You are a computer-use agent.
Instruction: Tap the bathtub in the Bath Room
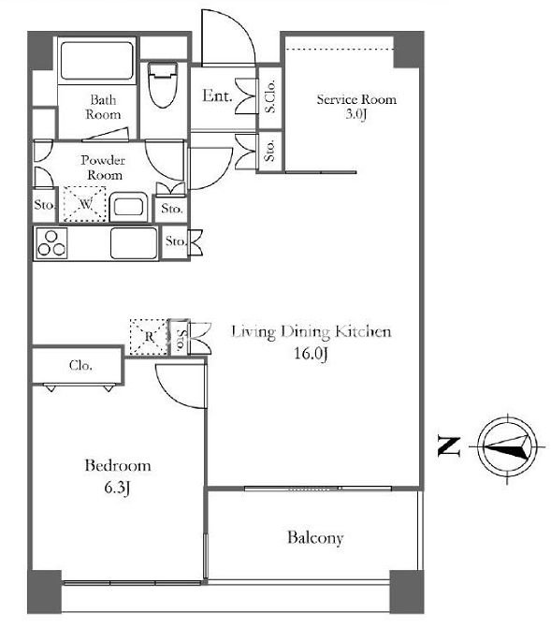(96, 61)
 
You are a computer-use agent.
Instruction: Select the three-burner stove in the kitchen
(51, 243)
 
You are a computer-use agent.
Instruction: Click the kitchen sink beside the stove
(134, 243)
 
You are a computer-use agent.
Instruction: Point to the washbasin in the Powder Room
(128, 207)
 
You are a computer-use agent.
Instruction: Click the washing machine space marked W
(85, 204)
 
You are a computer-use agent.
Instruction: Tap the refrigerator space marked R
(149, 336)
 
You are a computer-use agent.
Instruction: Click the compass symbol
(507, 446)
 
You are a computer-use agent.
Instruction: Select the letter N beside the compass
(449, 446)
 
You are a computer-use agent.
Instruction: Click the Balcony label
(315, 537)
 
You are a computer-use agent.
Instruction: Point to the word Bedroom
(118, 465)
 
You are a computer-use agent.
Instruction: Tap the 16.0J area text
(312, 353)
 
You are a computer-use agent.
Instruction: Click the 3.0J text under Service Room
(356, 114)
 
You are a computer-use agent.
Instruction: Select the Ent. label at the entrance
(217, 95)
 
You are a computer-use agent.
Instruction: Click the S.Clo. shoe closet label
(270, 96)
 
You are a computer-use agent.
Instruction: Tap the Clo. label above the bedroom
(80, 365)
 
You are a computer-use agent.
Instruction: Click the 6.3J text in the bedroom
(117, 488)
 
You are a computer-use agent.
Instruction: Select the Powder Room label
(103, 168)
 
